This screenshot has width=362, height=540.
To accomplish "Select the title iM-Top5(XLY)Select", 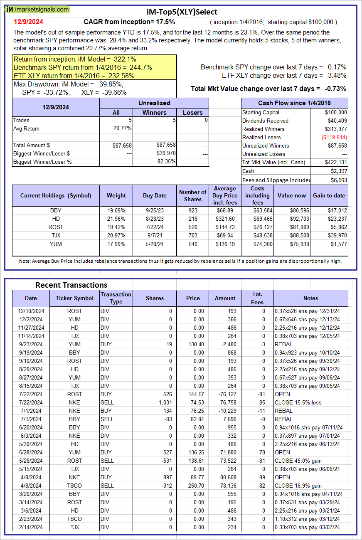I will [182, 12].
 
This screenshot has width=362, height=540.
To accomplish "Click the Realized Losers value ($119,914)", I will [335, 137].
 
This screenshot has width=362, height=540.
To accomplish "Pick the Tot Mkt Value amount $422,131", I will [336, 162].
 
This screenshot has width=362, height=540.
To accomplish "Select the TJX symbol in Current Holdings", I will [56, 236].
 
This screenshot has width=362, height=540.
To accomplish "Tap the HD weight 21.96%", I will [116, 219].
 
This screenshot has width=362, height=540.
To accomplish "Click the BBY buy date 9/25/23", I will [155, 211].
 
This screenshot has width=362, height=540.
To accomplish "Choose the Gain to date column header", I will [329, 195].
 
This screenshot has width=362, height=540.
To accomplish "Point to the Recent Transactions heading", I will [71, 285].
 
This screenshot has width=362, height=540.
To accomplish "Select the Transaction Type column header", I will [116, 298].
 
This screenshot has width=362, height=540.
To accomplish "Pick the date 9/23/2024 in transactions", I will [31, 344].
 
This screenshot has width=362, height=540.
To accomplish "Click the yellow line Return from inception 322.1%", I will [75, 59].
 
